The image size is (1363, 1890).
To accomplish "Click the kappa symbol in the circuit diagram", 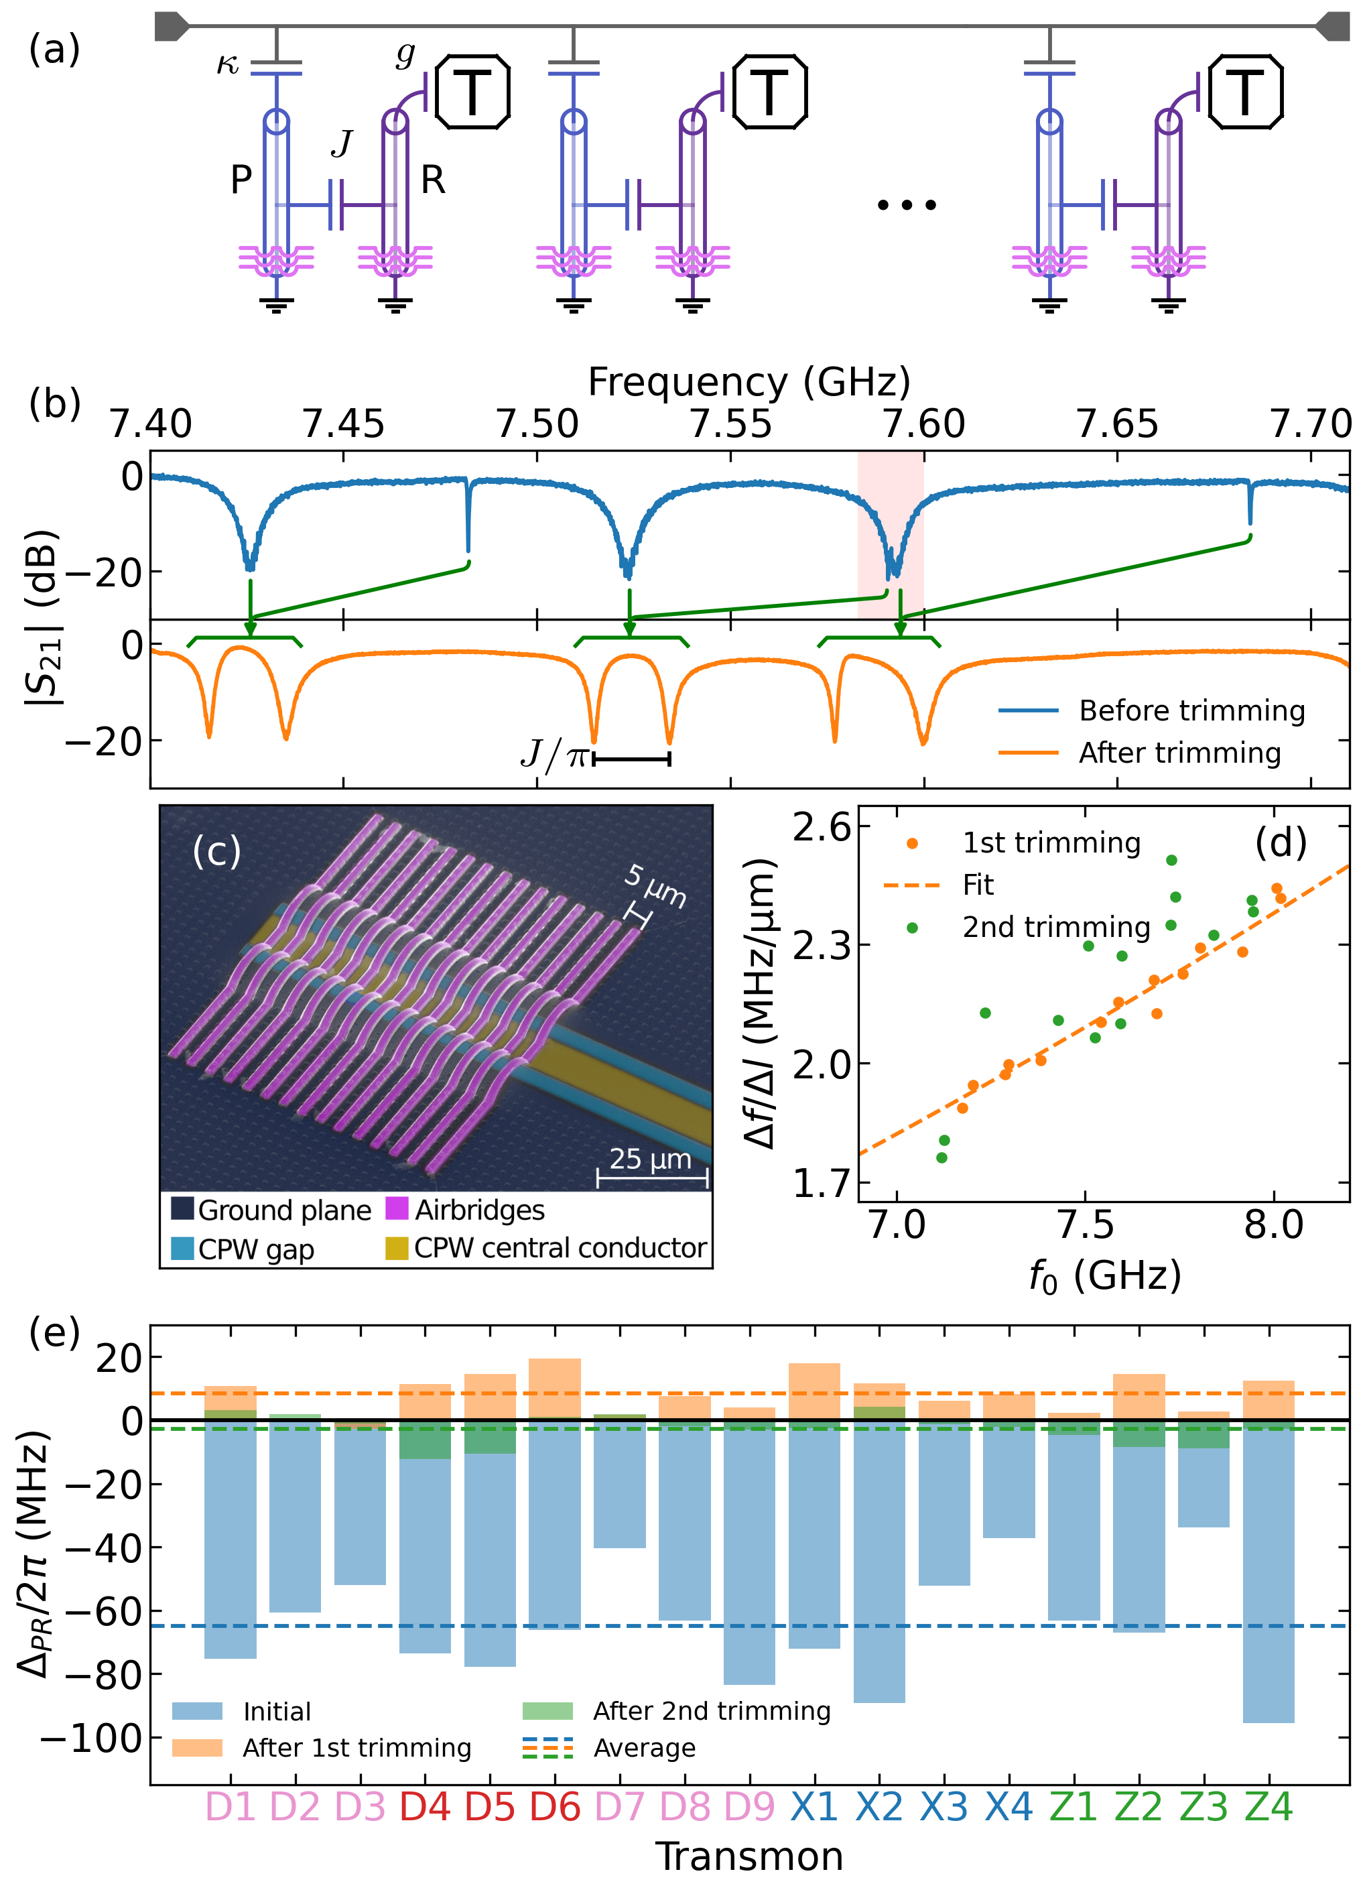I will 227,65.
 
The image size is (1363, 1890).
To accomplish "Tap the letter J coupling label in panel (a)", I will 342,144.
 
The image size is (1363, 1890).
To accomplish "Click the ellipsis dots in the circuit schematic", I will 907,204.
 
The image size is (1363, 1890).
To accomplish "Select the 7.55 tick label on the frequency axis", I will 730,424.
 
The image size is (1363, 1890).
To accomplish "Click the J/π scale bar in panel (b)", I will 631,758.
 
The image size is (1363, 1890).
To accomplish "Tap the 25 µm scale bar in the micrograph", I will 651,1178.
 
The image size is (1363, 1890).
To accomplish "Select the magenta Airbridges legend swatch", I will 397,1208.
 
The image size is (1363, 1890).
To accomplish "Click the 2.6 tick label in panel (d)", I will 822,828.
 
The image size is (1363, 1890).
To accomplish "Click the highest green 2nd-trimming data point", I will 1171,860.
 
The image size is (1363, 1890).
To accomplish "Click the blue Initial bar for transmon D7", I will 619,1487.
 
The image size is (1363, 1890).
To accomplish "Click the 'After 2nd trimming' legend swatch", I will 547,1711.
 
